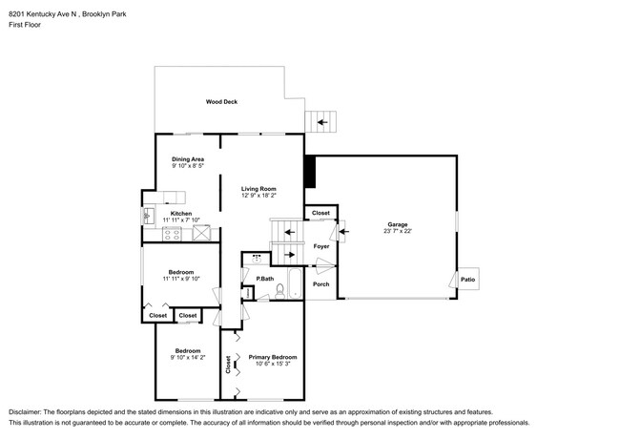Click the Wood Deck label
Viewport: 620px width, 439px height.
tap(221, 102)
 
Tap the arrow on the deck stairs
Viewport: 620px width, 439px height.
tap(322, 122)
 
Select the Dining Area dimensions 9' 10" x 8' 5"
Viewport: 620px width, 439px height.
tap(187, 166)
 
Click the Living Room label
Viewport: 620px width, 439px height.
tap(258, 189)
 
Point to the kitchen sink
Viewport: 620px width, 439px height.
tap(148, 216)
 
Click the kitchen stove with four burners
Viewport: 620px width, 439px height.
tap(172, 234)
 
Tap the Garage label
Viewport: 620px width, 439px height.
tap(398, 224)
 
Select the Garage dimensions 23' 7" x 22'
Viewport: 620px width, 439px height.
tap(398, 231)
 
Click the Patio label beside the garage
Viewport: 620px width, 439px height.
tap(467, 280)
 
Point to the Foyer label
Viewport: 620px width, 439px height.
tap(321, 246)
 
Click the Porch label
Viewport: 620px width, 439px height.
tap(320, 284)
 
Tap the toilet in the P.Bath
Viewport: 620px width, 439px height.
tap(279, 291)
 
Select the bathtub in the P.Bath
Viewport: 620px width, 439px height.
tap(295, 283)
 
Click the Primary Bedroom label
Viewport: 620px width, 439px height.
tap(273, 357)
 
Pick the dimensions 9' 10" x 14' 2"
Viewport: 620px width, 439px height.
tap(188, 358)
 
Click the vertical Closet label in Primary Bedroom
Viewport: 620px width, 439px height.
tap(228, 365)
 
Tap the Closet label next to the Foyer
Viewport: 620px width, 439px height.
tap(320, 213)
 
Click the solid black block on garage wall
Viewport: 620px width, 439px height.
tap(310, 171)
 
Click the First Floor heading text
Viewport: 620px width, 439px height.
tap(25, 25)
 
